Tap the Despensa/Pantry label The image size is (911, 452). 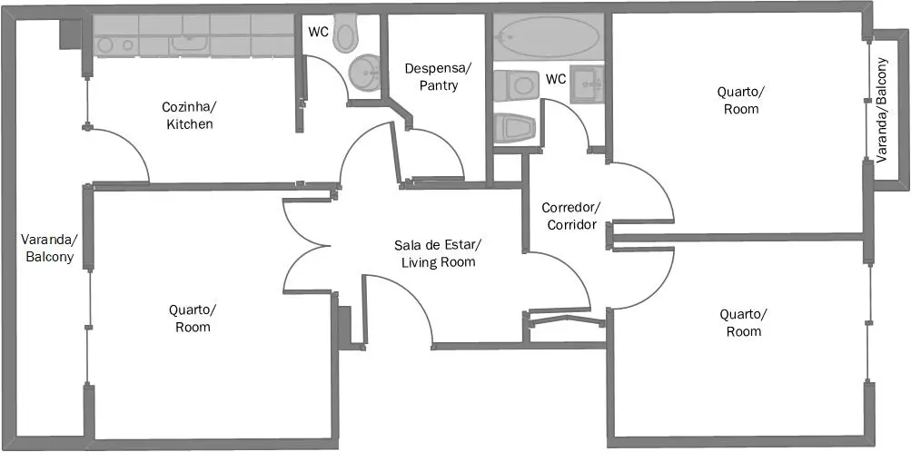439,76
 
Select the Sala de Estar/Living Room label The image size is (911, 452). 439,252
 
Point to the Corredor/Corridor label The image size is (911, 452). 571,216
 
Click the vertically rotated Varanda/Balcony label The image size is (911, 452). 882,110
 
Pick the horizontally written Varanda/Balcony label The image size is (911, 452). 49,248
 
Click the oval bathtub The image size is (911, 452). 549,36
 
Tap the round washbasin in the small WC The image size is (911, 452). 364,74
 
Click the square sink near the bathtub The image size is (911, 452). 588,84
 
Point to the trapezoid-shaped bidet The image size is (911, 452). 514,128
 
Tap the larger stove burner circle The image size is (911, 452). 105,45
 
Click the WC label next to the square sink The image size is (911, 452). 556,80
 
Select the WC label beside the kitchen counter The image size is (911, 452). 319,32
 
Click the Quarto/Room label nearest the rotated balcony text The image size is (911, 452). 741,100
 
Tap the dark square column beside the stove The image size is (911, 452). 70,34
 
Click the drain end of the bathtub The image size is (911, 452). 503,37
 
